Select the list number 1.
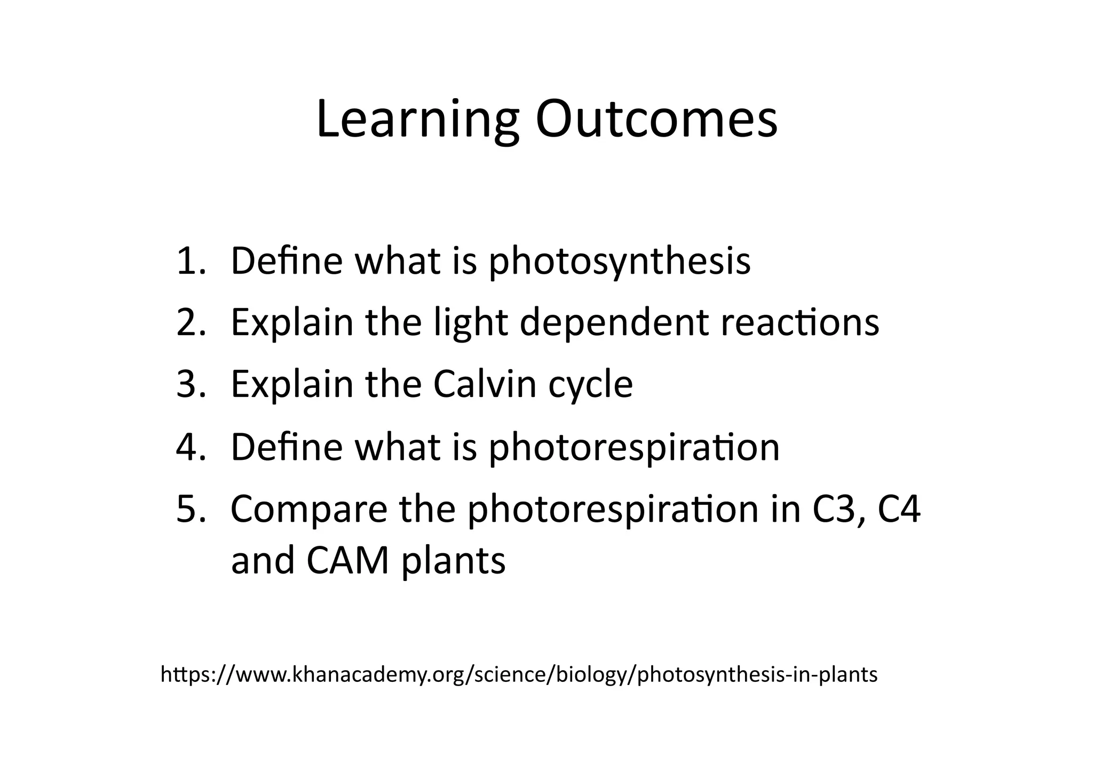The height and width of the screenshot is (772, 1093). point(189,261)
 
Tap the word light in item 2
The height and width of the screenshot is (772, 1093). point(470,324)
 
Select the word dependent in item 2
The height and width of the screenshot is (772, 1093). point(614,324)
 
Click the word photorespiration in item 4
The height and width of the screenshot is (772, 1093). point(634,448)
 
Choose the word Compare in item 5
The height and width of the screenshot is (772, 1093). point(309,510)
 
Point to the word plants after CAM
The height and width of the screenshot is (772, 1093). point(453,562)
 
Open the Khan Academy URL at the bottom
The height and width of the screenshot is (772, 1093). point(519,675)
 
